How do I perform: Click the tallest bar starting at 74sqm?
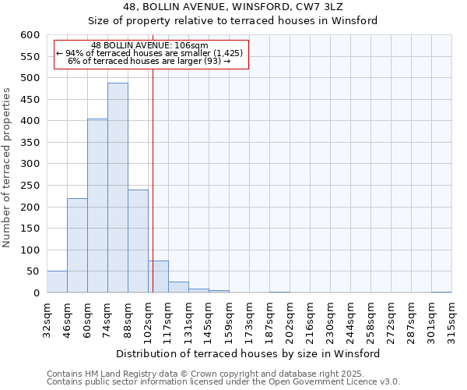[x=118, y=188]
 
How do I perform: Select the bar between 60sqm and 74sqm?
[x=97, y=206]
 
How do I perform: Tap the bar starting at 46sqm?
[x=77, y=246]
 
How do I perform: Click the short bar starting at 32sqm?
[x=57, y=282]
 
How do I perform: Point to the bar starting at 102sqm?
[x=159, y=277]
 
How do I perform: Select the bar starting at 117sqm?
[x=178, y=287]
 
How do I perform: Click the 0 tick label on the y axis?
[x=36, y=293]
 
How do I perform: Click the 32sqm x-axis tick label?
[x=47, y=316]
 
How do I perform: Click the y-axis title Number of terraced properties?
[x=8, y=168]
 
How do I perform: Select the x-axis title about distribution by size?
[x=249, y=353]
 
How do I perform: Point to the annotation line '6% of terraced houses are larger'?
[x=149, y=61]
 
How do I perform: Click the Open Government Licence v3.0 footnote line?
[x=223, y=382]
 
